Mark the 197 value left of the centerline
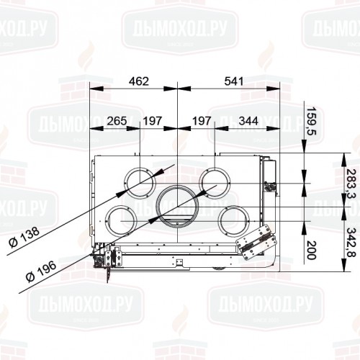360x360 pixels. (152, 120)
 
